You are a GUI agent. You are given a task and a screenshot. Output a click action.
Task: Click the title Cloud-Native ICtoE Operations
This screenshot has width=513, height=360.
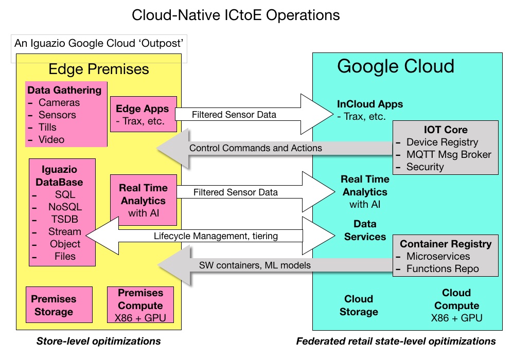click(236, 15)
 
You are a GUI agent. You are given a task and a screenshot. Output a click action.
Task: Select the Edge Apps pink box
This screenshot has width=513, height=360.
click(143, 114)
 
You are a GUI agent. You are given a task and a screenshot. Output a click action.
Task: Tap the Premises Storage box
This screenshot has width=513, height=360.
click(59, 305)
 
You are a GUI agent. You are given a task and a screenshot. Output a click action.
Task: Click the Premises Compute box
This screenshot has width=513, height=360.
click(140, 305)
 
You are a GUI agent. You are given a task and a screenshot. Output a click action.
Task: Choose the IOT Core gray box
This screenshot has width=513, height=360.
click(445, 148)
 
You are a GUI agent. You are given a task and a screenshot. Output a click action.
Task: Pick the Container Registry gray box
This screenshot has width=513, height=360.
click(445, 256)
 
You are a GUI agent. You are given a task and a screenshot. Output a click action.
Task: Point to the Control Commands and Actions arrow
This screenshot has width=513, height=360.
click(274, 148)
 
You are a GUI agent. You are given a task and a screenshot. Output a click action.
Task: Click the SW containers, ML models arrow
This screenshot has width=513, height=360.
click(275, 265)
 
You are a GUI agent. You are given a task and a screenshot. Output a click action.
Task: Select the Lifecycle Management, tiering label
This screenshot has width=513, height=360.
click(216, 236)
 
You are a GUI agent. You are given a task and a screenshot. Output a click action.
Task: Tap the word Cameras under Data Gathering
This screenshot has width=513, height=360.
click(59, 102)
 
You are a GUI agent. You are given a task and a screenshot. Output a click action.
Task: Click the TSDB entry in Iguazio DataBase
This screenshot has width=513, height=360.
click(65, 219)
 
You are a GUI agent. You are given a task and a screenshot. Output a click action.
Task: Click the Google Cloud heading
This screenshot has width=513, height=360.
click(396, 66)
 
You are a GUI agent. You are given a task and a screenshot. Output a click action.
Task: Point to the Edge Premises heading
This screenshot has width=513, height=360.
click(99, 69)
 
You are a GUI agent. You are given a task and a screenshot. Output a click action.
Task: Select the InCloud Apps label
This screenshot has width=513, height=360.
click(370, 104)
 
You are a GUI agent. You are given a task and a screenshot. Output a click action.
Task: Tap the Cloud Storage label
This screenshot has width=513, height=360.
click(359, 305)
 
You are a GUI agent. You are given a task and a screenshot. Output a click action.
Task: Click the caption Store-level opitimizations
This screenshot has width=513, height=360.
click(98, 341)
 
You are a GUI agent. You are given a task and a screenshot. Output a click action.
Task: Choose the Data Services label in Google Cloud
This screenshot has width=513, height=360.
click(365, 230)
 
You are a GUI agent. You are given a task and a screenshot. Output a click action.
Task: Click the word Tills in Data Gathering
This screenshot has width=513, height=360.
click(47, 127)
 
